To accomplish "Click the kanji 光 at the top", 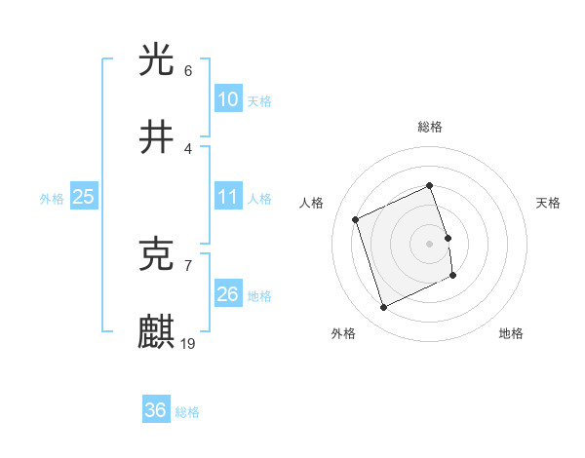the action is (157, 59).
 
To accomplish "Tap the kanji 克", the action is (157, 254).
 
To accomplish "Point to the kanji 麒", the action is (157, 331).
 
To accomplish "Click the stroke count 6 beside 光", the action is (188, 71).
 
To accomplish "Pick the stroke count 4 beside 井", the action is (188, 148).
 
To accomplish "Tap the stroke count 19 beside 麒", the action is (189, 343).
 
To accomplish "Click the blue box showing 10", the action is (227, 99).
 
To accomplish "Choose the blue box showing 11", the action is (227, 197).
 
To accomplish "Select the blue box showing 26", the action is (227, 293).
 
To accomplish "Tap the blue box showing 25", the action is (84, 197).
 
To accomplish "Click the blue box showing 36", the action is (156, 410).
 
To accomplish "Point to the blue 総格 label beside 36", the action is (187, 412).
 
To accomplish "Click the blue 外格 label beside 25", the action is (52, 199).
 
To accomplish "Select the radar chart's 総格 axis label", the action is (429, 127).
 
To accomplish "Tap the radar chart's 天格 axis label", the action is (548, 203).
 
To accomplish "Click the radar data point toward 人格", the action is (356, 219).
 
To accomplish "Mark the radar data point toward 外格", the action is (383, 308).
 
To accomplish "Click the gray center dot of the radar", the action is (429, 243).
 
